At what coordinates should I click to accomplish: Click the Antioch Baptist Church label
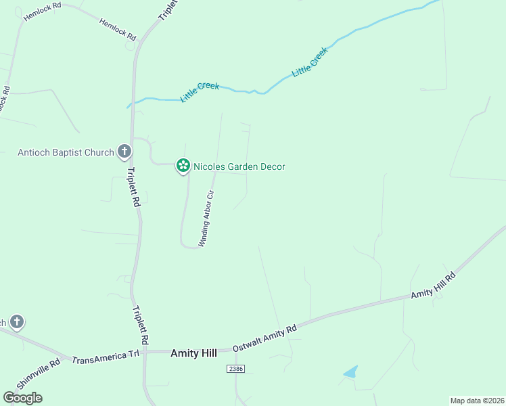(x=66, y=152)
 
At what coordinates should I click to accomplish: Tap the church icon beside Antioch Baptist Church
(x=124, y=152)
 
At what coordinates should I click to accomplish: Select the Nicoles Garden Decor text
(x=239, y=166)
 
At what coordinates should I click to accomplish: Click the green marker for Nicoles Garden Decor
(x=182, y=165)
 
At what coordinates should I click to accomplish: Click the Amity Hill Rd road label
(x=434, y=286)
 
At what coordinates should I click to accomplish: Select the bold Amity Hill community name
(x=195, y=353)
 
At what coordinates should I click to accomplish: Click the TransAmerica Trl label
(x=105, y=355)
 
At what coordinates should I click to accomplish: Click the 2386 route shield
(x=235, y=369)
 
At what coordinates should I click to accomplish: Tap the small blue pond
(x=350, y=371)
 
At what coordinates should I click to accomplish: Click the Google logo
(x=22, y=398)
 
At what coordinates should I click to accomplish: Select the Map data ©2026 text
(x=477, y=401)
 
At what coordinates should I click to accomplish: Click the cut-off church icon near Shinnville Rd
(x=16, y=322)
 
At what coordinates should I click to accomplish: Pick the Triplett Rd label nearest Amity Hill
(x=140, y=323)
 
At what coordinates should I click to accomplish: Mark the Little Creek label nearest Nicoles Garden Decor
(x=200, y=92)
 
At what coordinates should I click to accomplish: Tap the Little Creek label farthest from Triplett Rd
(x=310, y=61)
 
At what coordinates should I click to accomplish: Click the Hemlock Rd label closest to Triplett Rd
(x=118, y=30)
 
